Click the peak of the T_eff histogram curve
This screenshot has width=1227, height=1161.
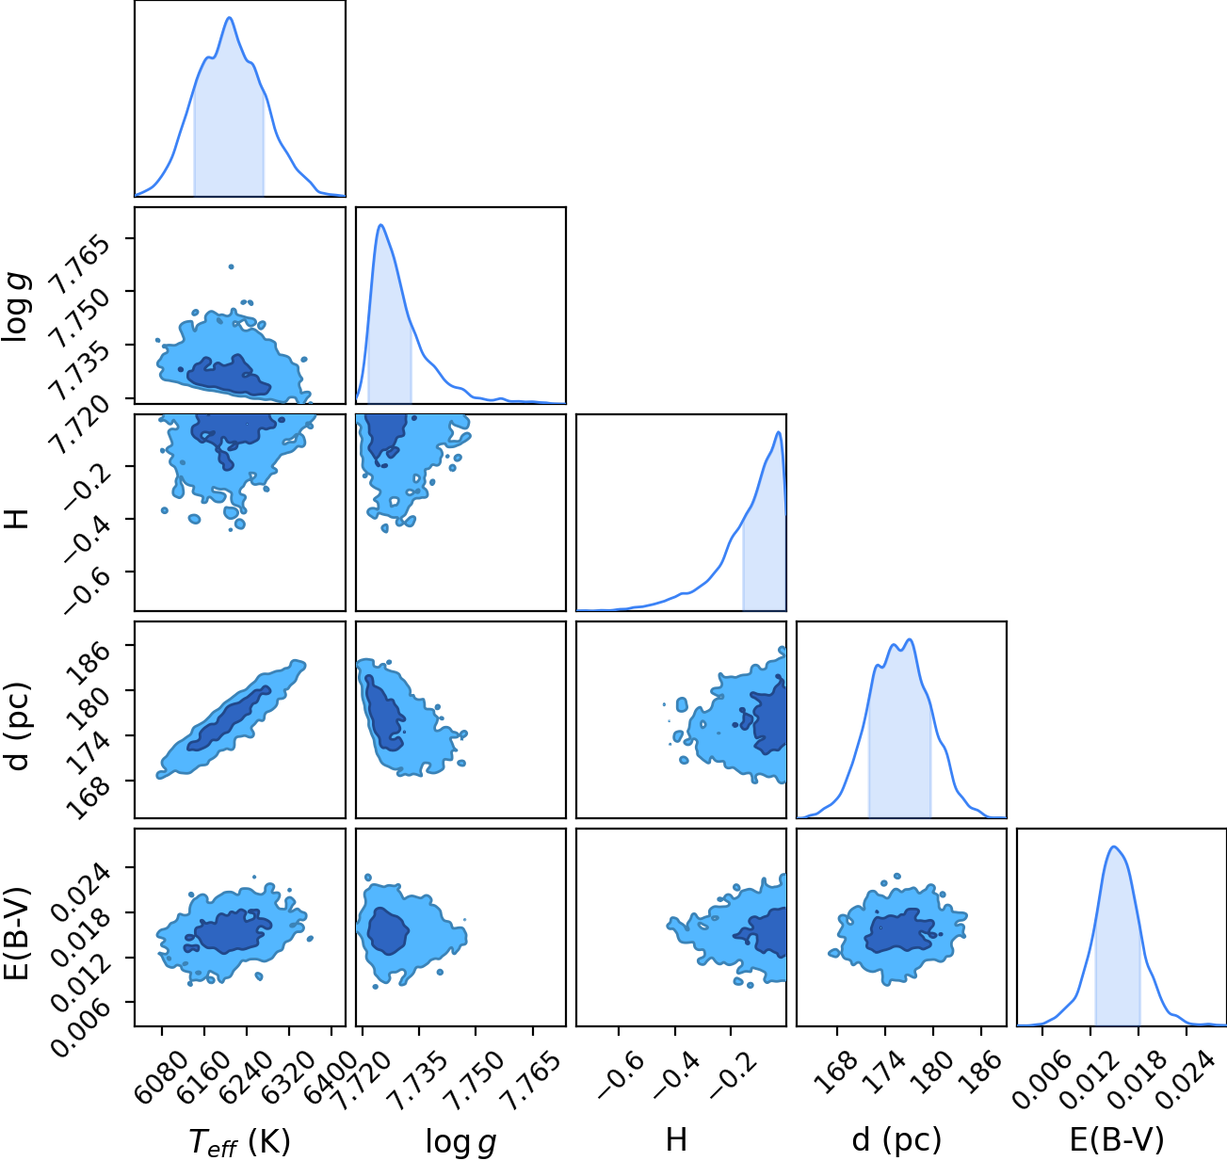[229, 18]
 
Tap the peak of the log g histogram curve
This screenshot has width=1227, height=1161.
[380, 225]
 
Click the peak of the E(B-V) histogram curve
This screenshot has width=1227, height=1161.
[1115, 847]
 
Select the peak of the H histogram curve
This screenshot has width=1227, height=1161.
[778, 432]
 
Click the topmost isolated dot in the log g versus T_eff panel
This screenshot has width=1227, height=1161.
[231, 266]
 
